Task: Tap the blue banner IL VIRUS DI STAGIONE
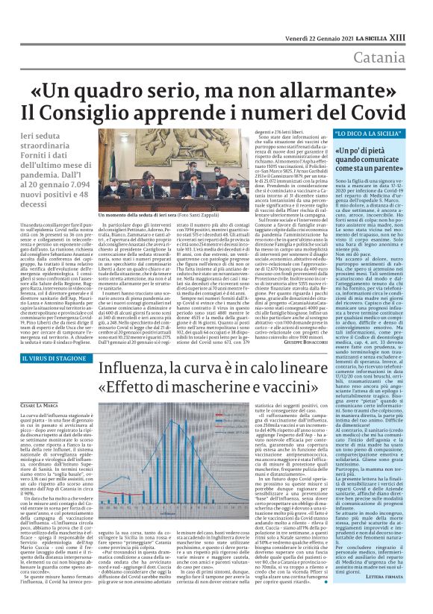pyautogui.click(x=49, y=360)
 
